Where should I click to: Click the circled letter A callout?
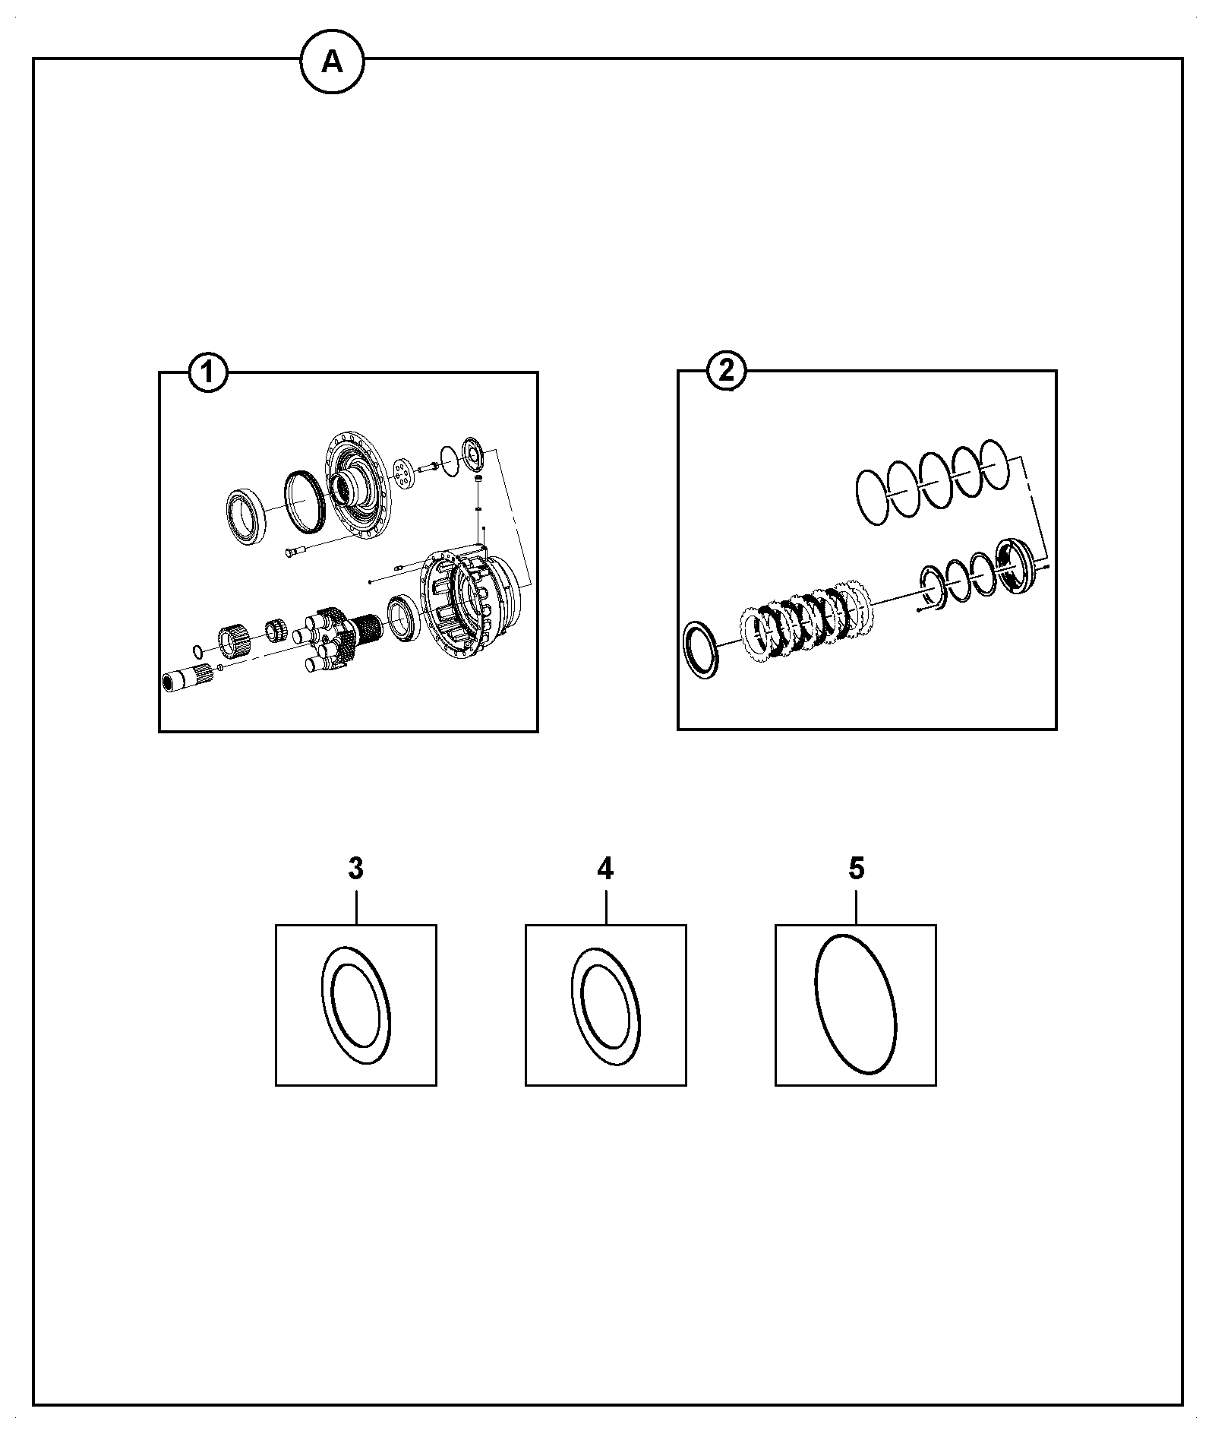332,62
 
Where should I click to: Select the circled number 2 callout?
726,372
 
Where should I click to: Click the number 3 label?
355,869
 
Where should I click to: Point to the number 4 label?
605,869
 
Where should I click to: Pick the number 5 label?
856,869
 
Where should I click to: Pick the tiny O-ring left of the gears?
197,650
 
